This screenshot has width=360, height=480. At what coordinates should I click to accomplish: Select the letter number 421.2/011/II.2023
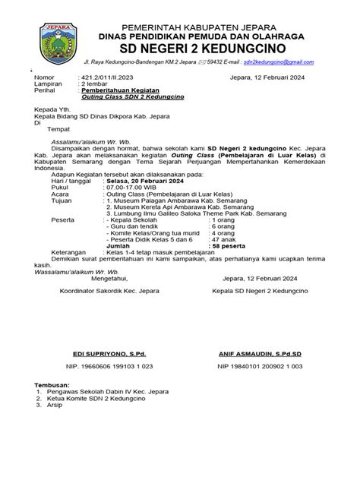pyautogui.click(x=108, y=77)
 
